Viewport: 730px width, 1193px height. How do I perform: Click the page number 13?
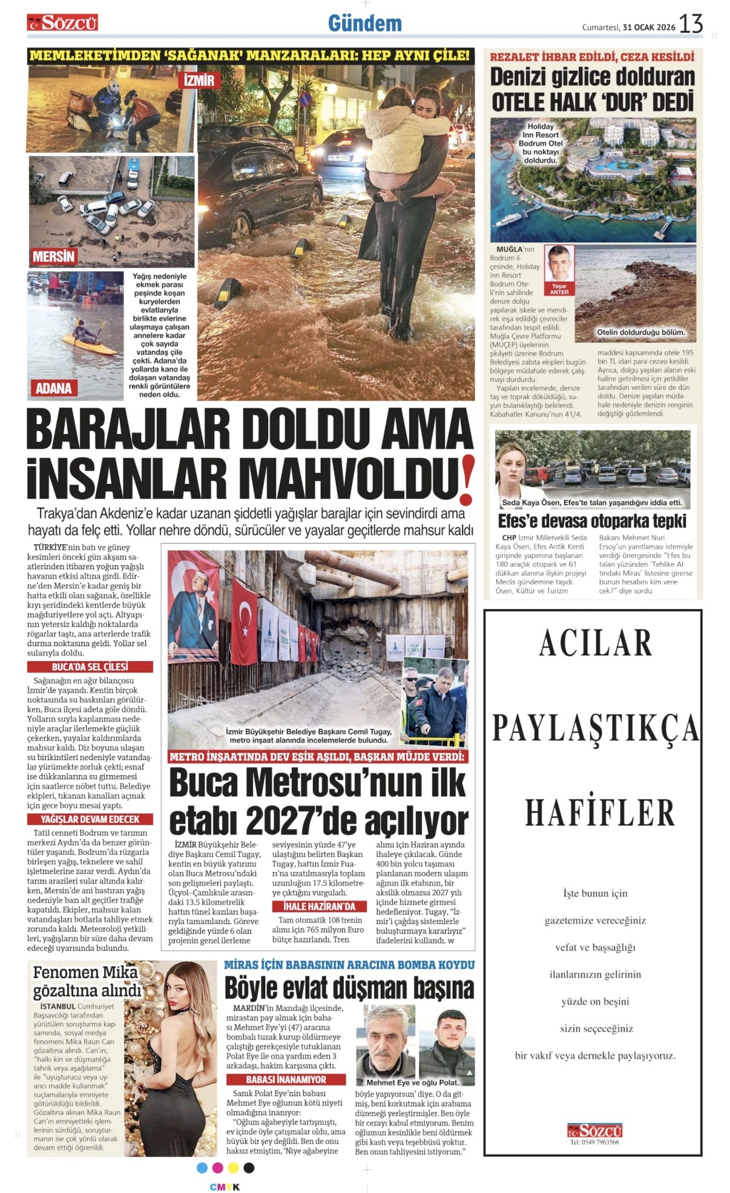pos(691,24)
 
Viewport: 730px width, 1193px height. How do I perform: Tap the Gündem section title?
pos(365,24)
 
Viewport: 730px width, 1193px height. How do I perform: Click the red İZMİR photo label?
pos(199,81)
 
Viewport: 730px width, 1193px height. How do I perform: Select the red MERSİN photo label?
pos(53,257)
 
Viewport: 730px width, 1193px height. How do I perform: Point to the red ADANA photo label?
pos(53,388)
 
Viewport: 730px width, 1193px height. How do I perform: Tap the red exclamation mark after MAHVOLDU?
pos(466,481)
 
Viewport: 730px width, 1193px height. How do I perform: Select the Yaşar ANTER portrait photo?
pos(559,267)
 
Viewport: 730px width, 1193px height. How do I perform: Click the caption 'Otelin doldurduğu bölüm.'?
pos(641,332)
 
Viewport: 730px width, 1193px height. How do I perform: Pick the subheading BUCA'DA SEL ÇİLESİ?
pos(90,667)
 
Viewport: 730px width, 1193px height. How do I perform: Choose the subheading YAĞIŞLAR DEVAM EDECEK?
pos(90,819)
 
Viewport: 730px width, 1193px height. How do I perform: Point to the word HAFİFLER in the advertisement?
pos(599,812)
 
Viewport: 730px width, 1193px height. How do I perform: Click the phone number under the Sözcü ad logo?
pos(594,1143)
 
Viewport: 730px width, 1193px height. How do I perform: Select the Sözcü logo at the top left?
pos(62,23)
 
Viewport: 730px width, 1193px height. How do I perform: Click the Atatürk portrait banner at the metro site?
pos(193,606)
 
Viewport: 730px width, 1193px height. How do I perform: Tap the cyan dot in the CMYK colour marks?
pos(202,1168)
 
